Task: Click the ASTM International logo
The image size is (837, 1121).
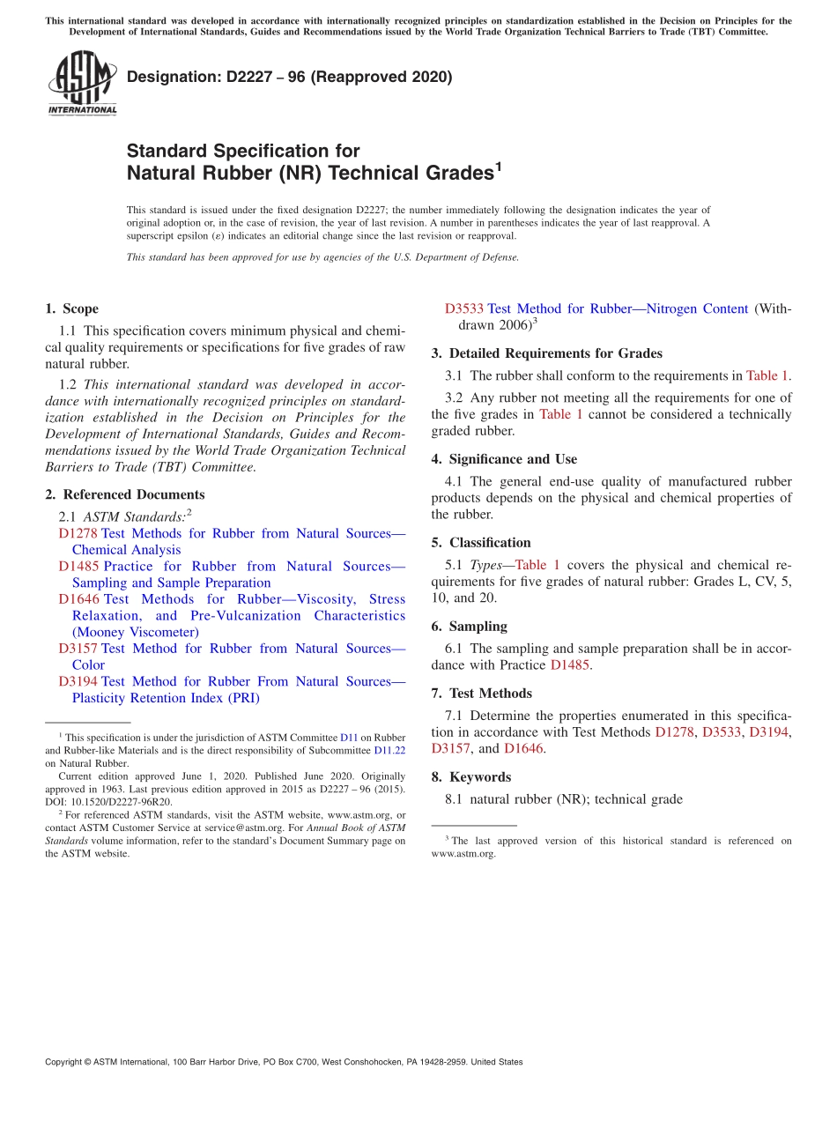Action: [82, 84]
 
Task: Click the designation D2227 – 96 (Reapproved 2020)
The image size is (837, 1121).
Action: [289, 77]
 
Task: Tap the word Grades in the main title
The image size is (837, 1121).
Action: [449, 173]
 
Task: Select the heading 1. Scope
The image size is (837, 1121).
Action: [71, 308]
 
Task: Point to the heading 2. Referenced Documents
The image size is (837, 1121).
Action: [124, 494]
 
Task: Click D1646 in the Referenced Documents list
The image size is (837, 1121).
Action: [78, 599]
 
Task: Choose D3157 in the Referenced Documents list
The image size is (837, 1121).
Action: [78, 649]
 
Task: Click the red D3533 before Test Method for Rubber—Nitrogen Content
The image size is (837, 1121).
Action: [463, 308]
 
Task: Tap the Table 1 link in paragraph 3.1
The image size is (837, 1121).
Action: [767, 375]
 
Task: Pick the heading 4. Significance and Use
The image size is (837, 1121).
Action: [504, 459]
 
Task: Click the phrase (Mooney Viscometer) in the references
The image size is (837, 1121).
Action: [136, 632]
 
